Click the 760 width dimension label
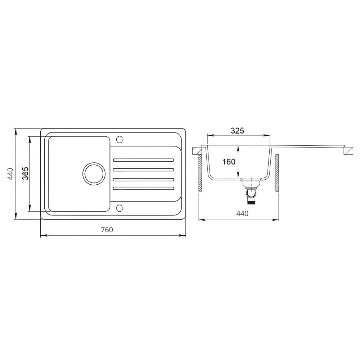click(107, 230)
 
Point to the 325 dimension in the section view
click(237, 131)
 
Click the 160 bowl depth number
click(229, 162)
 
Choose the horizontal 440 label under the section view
click(242, 213)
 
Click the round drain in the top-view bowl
click(94, 174)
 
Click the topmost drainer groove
click(144, 160)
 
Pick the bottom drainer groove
click(144, 188)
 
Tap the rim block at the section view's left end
click(197, 150)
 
